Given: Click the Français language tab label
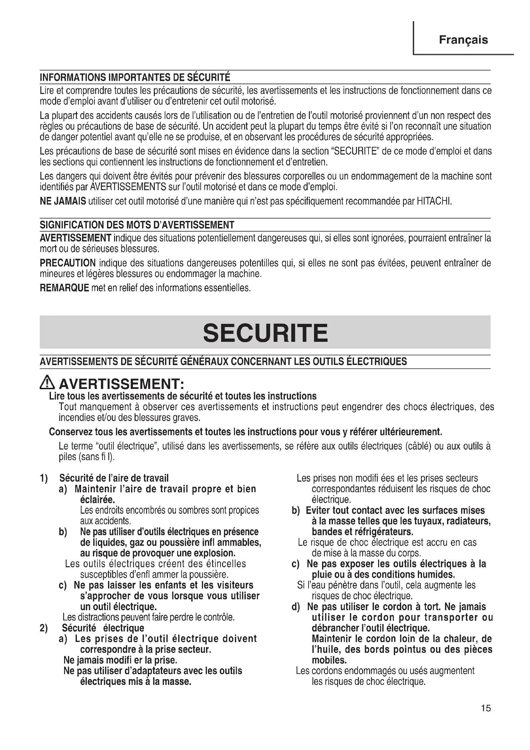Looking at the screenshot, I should point(463,40).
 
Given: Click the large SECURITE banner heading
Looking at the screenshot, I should point(265,333).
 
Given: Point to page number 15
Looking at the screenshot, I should point(485,708).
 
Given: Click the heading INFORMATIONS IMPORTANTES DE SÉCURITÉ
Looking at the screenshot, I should point(135,77).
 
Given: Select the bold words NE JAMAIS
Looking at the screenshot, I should point(63,201).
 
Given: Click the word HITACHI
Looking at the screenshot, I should point(434,201).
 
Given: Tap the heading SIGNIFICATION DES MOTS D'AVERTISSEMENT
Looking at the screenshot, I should point(137,225).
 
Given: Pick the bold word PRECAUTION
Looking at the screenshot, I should point(68,263).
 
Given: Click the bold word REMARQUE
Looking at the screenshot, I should point(64,288).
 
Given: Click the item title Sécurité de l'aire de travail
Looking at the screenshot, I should point(114,478).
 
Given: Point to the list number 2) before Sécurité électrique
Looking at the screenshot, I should point(44,628).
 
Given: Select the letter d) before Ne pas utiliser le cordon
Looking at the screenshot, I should point(295,607).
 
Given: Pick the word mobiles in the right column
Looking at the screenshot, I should point(329,660).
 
